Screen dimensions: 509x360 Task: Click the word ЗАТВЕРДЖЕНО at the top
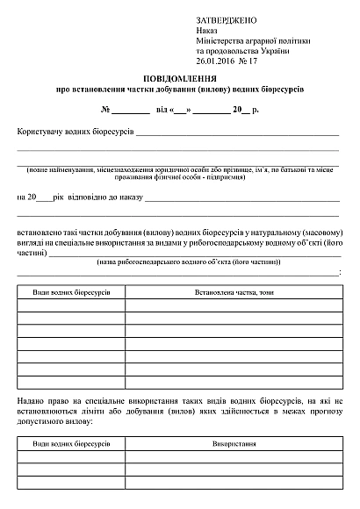(x=226, y=18)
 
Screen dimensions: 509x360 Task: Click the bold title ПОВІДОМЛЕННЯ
(x=179, y=78)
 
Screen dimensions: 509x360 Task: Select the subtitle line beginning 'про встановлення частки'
(x=179, y=90)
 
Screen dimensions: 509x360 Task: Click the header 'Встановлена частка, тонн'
(x=234, y=290)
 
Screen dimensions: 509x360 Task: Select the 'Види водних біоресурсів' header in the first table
(x=71, y=290)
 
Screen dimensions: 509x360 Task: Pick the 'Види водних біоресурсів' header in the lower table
(x=71, y=445)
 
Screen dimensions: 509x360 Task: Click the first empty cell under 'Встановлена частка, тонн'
(x=234, y=305)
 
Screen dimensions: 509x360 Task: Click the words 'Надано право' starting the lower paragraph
(x=43, y=399)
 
